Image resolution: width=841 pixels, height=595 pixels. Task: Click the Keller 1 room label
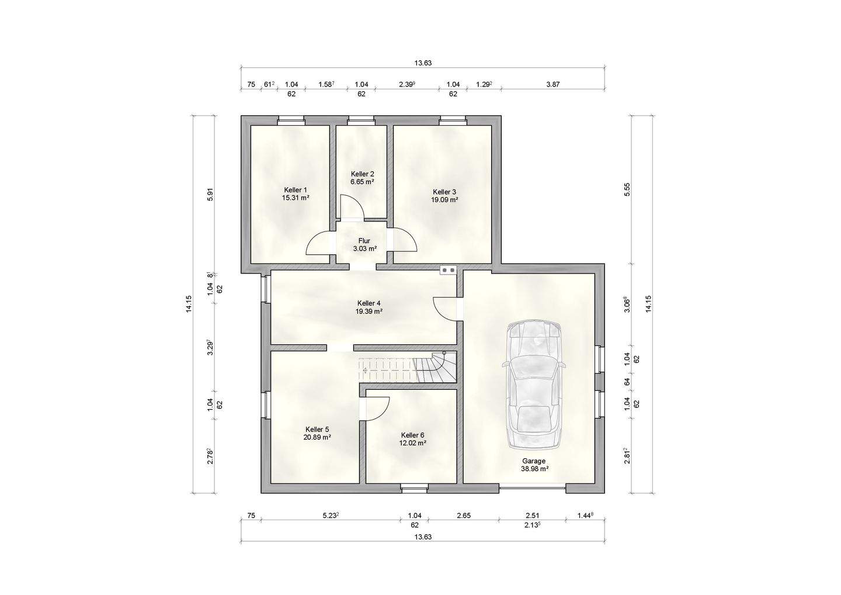coord(296,190)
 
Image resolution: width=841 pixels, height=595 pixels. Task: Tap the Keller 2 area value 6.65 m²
coord(362,182)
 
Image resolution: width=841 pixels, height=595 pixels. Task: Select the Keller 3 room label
coord(444,192)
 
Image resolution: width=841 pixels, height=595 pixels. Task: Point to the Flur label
coord(364,241)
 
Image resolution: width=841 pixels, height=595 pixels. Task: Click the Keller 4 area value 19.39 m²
coord(369,311)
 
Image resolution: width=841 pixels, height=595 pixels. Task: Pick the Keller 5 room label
coord(317,429)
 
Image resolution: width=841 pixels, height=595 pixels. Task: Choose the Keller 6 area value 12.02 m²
coord(412,443)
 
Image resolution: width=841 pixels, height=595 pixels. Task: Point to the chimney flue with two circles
coord(449,269)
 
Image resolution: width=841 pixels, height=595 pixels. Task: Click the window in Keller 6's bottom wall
coord(414,488)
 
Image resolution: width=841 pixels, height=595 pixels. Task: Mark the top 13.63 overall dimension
coord(423,63)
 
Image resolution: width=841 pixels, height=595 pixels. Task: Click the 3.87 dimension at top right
coord(552,85)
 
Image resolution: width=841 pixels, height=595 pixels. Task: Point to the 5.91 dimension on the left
coord(210,194)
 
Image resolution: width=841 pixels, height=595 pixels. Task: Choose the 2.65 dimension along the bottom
coord(464,516)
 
